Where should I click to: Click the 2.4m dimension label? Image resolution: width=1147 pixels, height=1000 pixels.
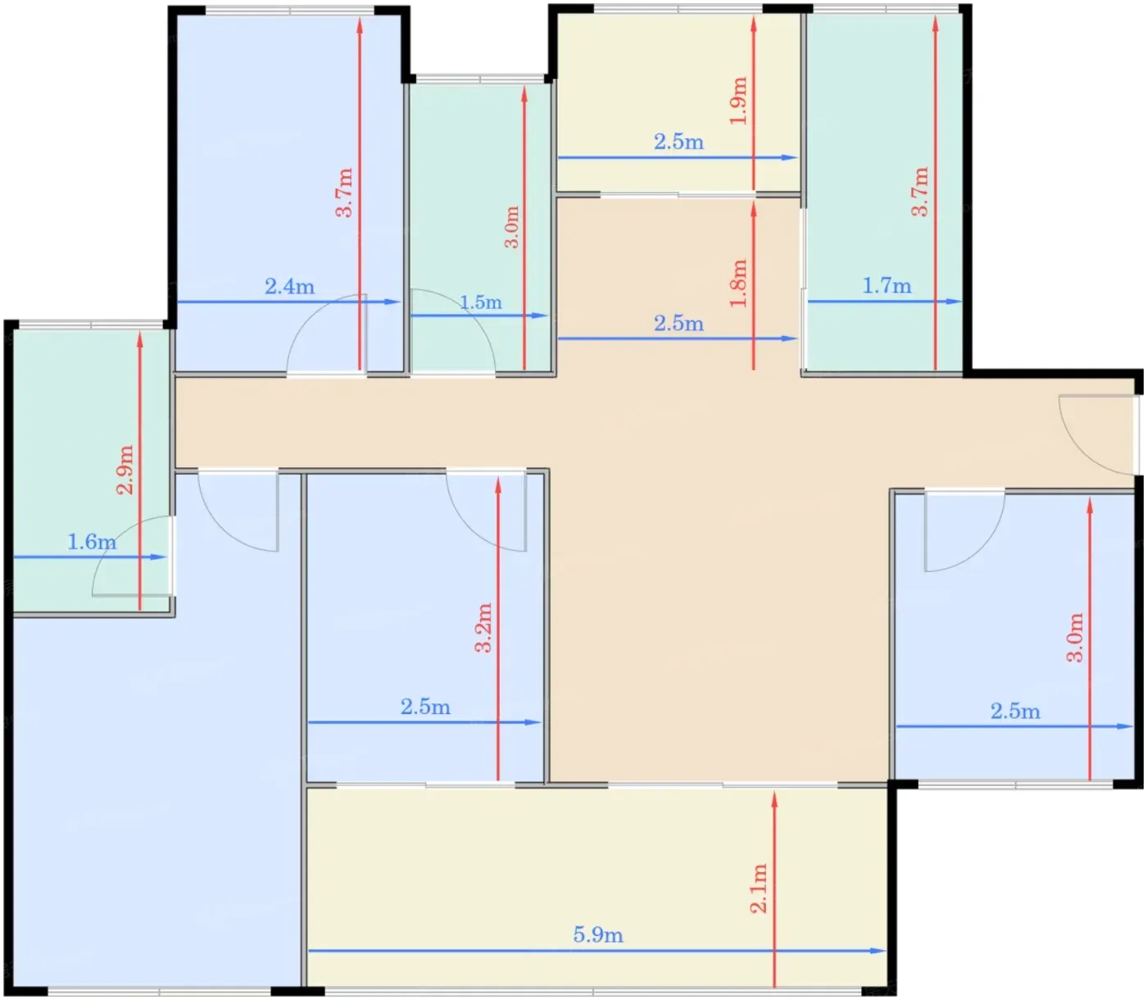289,287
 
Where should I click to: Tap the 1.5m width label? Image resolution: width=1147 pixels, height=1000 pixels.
480,302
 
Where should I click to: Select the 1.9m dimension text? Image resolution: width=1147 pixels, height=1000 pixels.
739,100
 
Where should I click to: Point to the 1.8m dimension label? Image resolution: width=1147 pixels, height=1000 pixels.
739,283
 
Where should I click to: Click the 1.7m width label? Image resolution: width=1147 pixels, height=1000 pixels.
886,286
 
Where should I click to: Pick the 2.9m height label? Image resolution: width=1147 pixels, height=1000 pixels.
125,470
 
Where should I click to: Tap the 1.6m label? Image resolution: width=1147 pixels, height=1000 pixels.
92,542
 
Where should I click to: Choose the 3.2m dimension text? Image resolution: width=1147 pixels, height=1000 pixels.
483,628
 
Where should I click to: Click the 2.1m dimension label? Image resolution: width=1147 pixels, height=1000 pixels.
759,889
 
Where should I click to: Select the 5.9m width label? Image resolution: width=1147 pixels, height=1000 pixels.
598,935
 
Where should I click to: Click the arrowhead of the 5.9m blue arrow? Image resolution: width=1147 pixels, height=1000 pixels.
877,951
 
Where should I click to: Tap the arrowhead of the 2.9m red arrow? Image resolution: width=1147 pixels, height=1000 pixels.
139,340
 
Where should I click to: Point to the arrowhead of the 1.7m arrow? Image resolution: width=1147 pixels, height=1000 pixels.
954,301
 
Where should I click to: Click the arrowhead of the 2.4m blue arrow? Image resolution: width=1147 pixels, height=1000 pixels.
392,302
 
